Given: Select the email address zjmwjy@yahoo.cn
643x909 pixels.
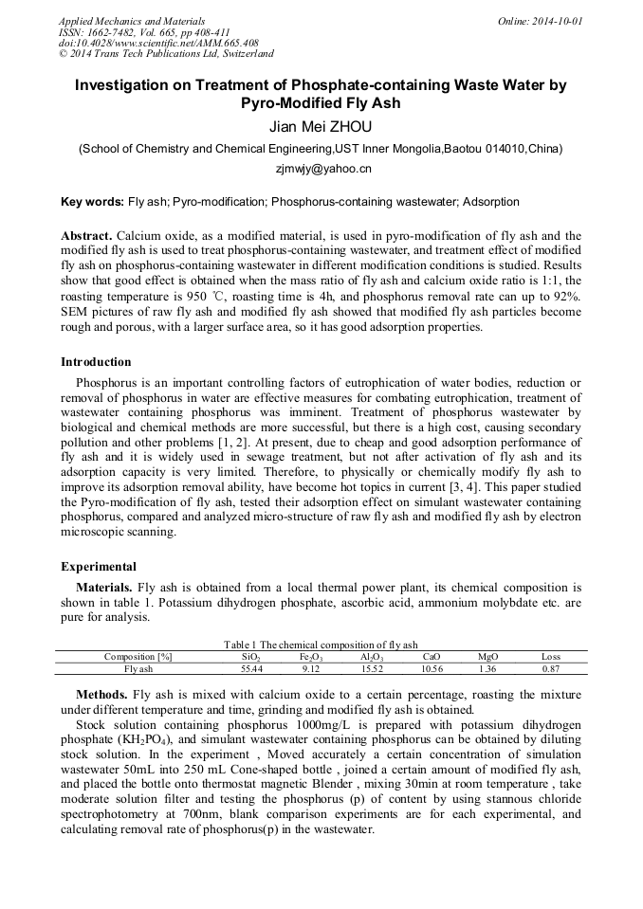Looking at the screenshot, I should tap(321, 169).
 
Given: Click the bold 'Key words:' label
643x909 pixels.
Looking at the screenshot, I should tap(92, 202).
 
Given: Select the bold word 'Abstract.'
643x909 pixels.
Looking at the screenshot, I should tap(87, 235).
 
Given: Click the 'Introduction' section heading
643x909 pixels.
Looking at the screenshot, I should tap(96, 362).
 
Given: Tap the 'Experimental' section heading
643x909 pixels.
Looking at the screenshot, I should tap(98, 567).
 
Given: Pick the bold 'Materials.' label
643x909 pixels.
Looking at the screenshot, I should tap(104, 588).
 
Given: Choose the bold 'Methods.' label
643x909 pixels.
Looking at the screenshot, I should tap(101, 695).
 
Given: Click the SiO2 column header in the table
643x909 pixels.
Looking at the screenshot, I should tap(251, 656).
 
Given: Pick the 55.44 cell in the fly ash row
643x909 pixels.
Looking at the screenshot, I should tap(251, 668).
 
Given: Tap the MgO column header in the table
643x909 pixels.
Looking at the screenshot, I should tap(487, 656).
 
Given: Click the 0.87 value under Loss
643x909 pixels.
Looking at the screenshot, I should tap(550, 668).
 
